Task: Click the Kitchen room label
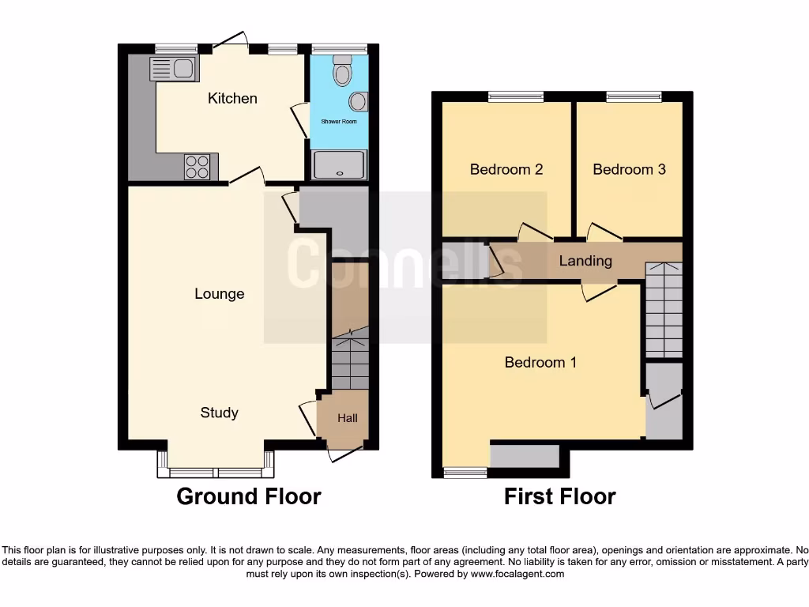[x=232, y=99]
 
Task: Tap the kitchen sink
[x=173, y=70]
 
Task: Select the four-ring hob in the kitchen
[x=198, y=167]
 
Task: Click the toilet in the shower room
[x=342, y=71]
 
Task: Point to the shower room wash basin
[x=357, y=102]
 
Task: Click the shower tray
[x=339, y=166]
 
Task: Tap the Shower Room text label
[x=338, y=122]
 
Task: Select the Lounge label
[x=219, y=294]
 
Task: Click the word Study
[x=219, y=413]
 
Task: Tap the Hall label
[x=348, y=418]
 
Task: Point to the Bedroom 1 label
[x=540, y=363]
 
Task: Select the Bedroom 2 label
[x=506, y=169]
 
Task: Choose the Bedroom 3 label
[x=629, y=169]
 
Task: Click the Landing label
[x=585, y=261]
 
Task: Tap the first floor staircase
[x=664, y=312]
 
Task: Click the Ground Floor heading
[x=248, y=496]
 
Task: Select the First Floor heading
[x=560, y=496]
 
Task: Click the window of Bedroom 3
[x=634, y=97]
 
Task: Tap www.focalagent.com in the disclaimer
[x=517, y=574]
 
